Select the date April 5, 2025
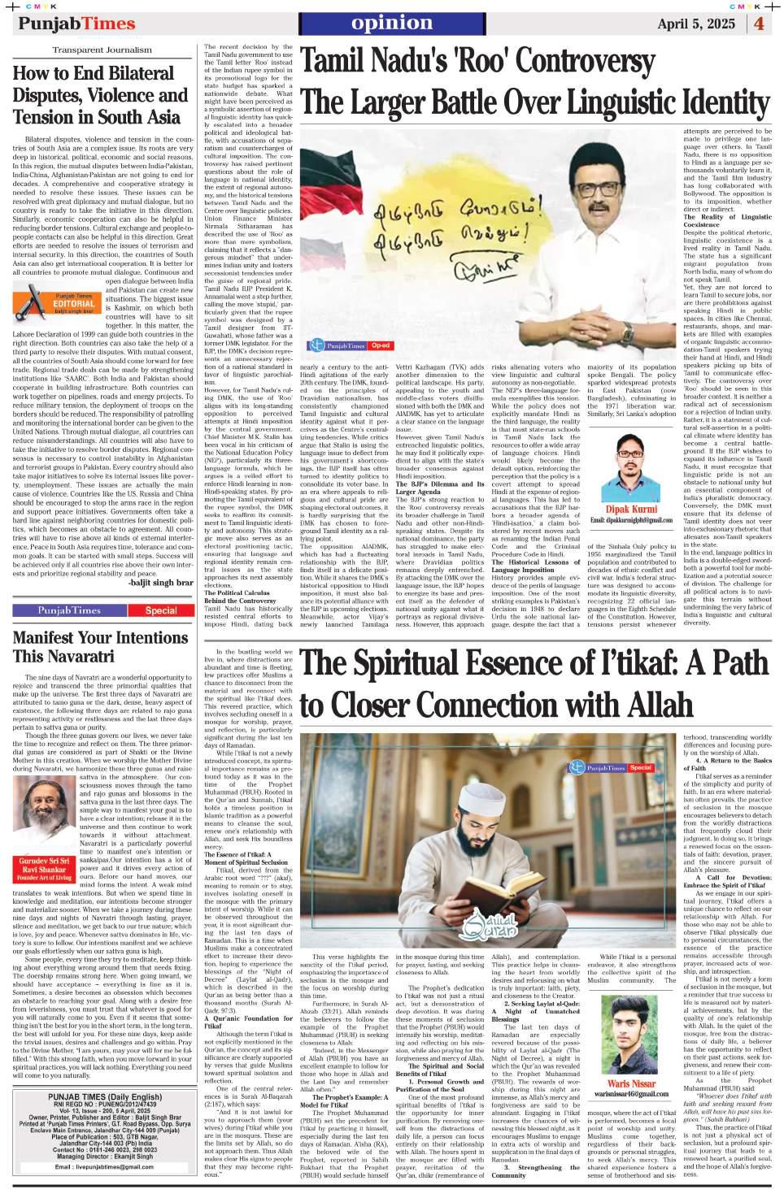click(x=695, y=24)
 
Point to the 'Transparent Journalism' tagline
click(x=102, y=50)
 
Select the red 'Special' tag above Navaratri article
click(x=161, y=610)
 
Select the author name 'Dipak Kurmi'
click(x=631, y=509)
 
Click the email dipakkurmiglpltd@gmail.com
click(x=631, y=520)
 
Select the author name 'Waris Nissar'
click(x=631, y=1083)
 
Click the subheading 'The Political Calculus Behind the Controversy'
click(x=240, y=597)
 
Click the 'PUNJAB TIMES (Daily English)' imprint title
click(x=104, y=1096)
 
